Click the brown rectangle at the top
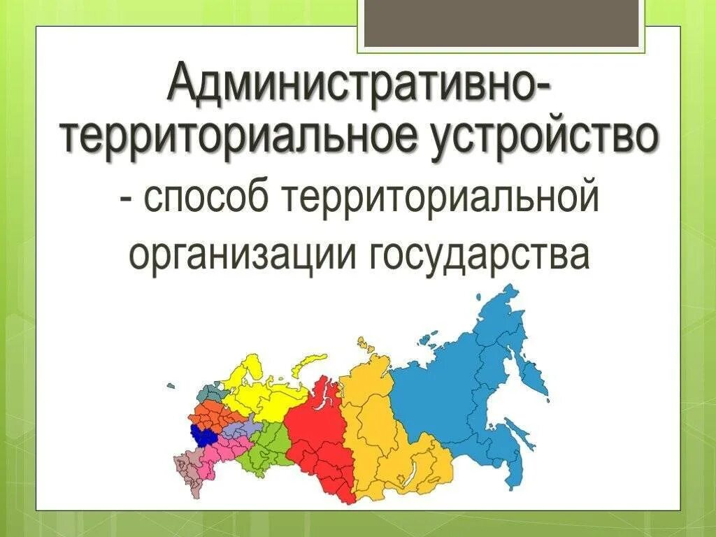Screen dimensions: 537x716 click(501, 24)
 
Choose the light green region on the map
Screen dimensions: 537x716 click(269, 447)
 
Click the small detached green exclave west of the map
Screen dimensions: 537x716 click(171, 385)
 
